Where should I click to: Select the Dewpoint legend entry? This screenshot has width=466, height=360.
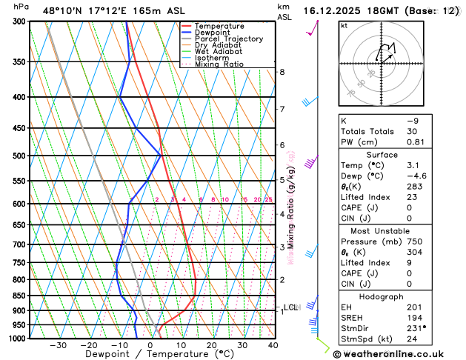[x=215, y=33]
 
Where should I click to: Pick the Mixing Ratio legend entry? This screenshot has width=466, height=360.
[x=219, y=64]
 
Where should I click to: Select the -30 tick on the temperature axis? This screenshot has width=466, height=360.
[x=58, y=345]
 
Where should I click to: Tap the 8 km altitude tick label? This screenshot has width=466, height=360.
[x=282, y=72]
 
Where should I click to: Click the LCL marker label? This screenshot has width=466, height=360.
[x=291, y=307]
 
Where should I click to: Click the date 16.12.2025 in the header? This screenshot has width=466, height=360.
[x=334, y=11]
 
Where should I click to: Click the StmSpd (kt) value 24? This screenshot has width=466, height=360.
[x=411, y=339]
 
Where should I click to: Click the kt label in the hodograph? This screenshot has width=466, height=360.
[x=344, y=25]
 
